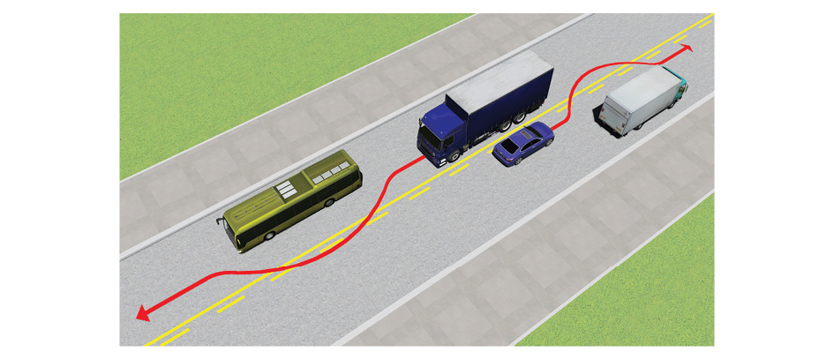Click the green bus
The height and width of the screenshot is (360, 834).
click(x=291, y=200)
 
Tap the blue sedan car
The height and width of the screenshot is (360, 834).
click(x=522, y=144)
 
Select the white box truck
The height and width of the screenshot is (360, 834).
click(x=641, y=100)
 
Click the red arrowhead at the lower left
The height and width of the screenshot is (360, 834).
click(x=141, y=311)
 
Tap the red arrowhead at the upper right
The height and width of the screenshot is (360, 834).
click(x=686, y=49)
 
